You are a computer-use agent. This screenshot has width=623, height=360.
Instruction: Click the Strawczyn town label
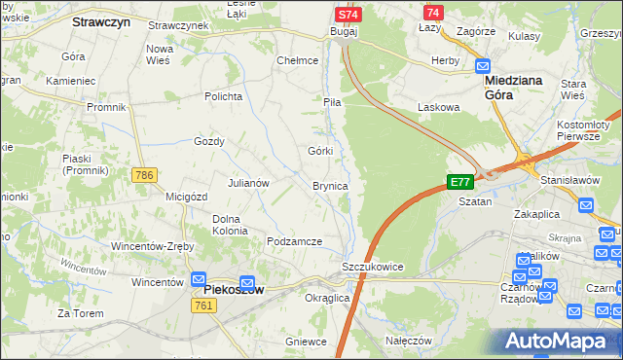(101, 19)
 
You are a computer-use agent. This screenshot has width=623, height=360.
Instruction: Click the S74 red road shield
(348, 15)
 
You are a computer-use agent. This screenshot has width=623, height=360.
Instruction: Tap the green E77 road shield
(460, 182)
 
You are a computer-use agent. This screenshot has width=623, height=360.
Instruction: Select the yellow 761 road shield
(203, 306)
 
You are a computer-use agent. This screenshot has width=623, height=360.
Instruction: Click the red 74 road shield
(433, 12)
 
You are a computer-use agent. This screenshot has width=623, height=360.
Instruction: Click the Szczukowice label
(372, 267)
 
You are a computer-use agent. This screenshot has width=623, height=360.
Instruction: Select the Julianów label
(248, 183)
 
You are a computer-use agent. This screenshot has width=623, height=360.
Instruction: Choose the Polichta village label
(222, 96)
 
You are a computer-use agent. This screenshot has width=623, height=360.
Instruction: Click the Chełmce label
(298, 60)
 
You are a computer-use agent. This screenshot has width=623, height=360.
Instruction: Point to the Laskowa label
(437, 106)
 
